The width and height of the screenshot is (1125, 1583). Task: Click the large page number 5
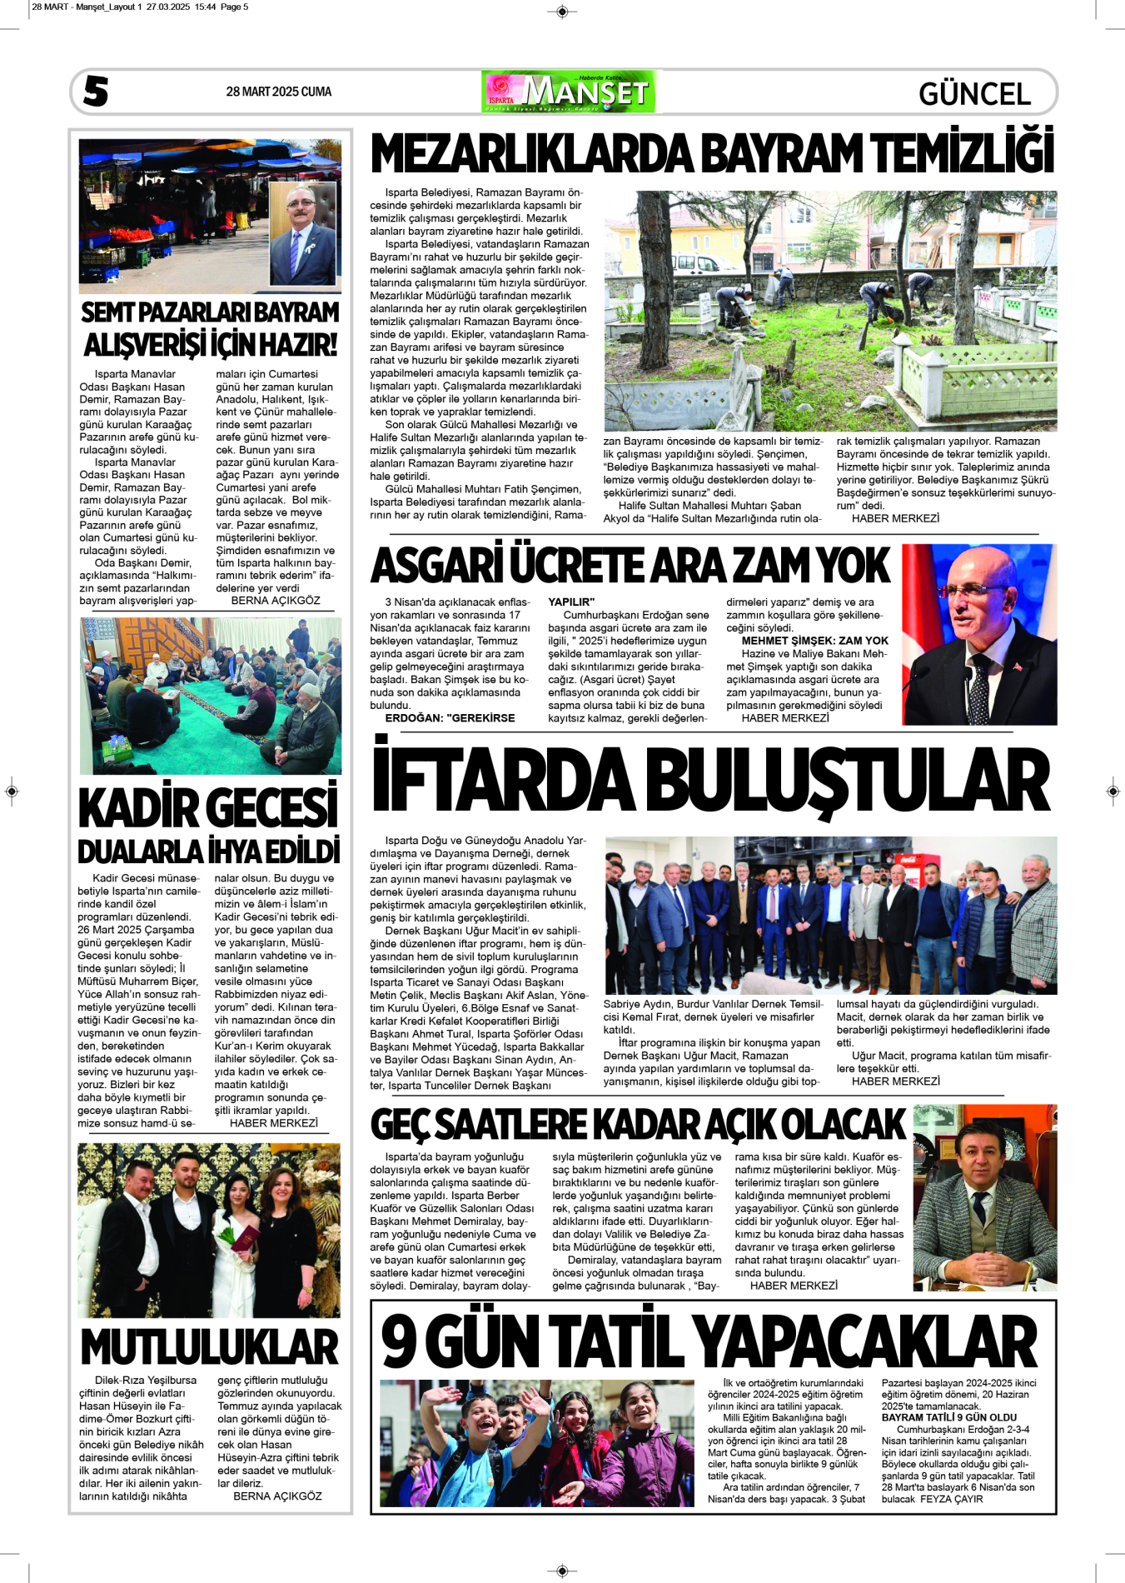click(96, 91)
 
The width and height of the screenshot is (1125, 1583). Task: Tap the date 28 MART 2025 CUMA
click(278, 92)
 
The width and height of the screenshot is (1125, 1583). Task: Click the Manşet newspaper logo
click(569, 92)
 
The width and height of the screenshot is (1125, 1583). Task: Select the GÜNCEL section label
click(974, 93)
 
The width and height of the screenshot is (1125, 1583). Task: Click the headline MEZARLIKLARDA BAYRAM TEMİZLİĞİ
click(712, 155)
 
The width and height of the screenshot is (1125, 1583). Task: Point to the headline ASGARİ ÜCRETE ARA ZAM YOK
click(630, 566)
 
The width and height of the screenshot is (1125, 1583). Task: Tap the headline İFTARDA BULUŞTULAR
click(710, 781)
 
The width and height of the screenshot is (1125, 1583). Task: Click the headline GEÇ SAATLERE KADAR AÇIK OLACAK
click(638, 1124)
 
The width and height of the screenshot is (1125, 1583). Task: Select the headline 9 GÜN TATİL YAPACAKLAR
click(709, 1341)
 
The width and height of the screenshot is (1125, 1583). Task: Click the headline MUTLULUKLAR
click(210, 1346)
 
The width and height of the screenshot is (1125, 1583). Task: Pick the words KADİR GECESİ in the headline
click(208, 807)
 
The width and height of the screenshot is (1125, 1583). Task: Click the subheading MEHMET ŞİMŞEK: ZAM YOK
click(814, 641)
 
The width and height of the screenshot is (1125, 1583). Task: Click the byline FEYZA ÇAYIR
click(951, 1499)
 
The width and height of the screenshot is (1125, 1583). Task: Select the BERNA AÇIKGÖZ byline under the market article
click(275, 600)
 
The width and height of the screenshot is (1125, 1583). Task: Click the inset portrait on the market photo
click(303, 233)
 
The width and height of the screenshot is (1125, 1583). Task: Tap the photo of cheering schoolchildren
click(536, 1443)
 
